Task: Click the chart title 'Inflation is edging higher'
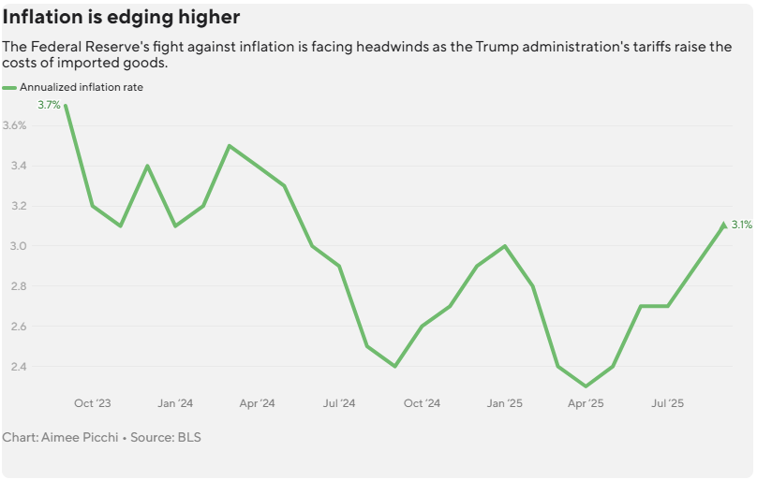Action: coord(121,18)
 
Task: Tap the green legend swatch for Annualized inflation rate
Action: coord(9,87)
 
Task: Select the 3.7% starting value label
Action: coord(49,105)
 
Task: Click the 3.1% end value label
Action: coord(742,225)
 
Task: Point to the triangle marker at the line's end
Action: coord(723,225)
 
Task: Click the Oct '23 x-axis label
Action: coord(92,403)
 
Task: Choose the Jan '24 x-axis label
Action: coord(175,403)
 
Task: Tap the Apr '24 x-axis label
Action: coord(257,403)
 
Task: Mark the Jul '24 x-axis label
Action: coord(339,403)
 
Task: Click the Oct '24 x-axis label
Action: coord(422,403)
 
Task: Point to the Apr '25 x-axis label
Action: coord(586,403)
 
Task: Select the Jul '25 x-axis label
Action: coord(668,403)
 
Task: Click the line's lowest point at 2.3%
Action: coord(586,386)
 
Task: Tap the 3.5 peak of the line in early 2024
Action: coord(230,146)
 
